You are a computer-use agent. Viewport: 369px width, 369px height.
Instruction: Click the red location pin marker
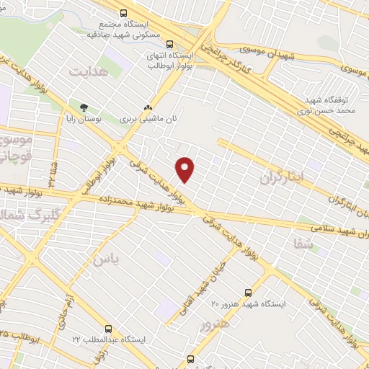[186, 169]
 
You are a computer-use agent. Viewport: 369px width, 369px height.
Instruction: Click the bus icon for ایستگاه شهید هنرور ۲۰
[249, 292]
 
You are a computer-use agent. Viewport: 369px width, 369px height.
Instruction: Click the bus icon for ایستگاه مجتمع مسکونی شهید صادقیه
[124, 13]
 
